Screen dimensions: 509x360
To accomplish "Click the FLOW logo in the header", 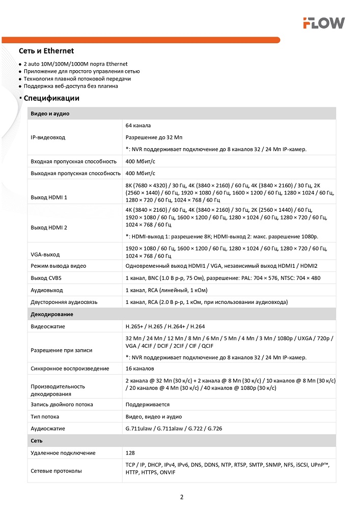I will pos(324,22).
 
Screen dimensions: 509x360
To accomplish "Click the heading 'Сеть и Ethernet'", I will pos(46,51).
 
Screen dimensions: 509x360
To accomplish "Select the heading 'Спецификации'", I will pos(51,98).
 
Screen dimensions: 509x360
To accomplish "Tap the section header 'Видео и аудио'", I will pos(50,114).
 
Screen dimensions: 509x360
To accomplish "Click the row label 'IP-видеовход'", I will pos(48,137).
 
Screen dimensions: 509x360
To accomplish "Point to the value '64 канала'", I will pos(138,125).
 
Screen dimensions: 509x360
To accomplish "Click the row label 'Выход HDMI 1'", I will pos(49,197).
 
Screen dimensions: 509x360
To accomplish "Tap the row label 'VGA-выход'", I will pos(45,254).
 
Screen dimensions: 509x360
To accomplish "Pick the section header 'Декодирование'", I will pos(52,314).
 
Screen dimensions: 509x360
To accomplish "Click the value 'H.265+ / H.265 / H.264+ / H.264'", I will pos(165,326).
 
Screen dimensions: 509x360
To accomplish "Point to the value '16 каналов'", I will pos(140,369).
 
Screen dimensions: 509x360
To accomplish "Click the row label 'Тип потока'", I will pos(45,416).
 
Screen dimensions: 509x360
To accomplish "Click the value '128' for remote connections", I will pos(130,453).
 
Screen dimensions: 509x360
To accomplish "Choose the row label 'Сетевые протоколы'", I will pos(56,471).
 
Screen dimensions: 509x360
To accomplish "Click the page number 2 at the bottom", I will pos(181,497).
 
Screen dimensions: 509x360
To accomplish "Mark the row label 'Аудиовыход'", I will pos(47,290).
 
